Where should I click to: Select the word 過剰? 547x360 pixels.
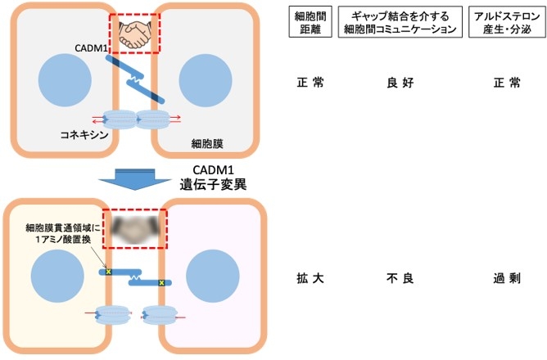502,278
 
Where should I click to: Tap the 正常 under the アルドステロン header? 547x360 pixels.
502,83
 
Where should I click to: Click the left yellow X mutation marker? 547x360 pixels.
108,271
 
